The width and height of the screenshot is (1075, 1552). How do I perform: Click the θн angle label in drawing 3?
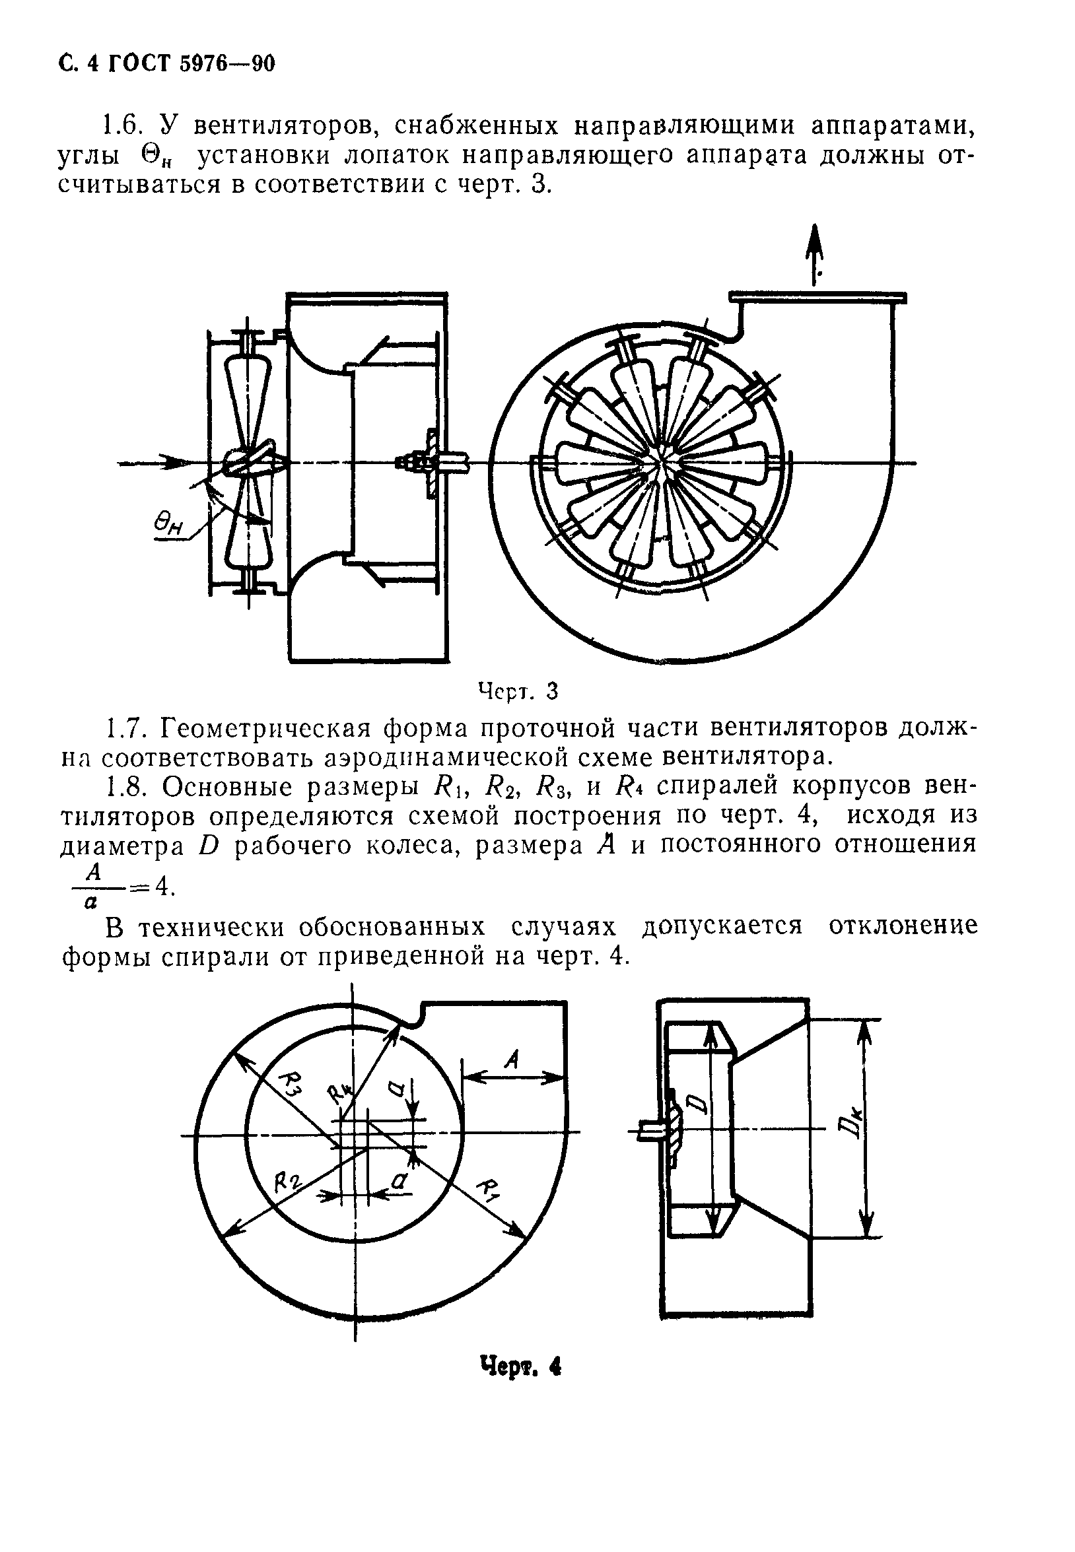click(x=168, y=523)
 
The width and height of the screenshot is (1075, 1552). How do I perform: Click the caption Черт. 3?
click(x=518, y=691)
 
